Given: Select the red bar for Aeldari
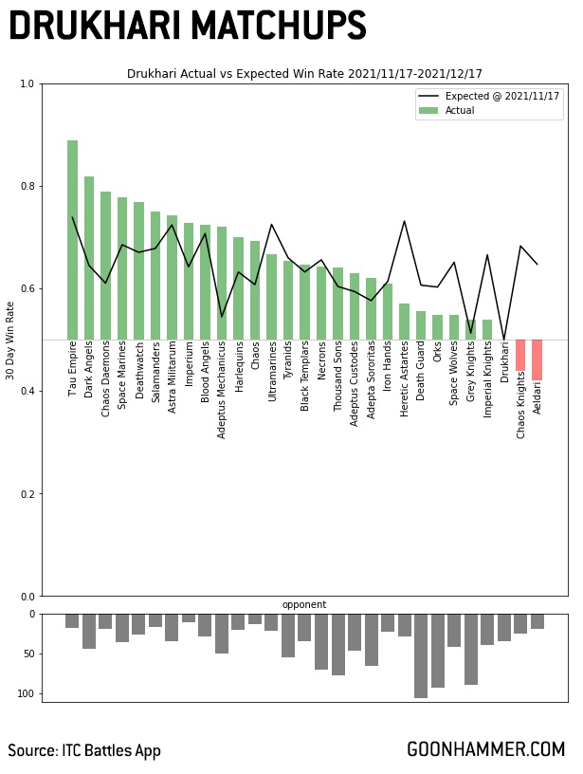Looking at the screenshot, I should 537,360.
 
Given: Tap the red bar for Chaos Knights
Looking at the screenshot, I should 520,356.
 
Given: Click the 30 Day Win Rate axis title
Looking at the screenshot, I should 10,341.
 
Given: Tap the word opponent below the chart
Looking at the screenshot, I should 304,604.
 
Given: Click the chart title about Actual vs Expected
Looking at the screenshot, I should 304,73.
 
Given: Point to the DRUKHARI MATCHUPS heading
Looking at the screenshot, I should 187,26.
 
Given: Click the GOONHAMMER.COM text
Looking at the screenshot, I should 485,749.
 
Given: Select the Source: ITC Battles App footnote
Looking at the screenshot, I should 84,750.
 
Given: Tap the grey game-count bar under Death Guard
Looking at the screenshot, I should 421,655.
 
